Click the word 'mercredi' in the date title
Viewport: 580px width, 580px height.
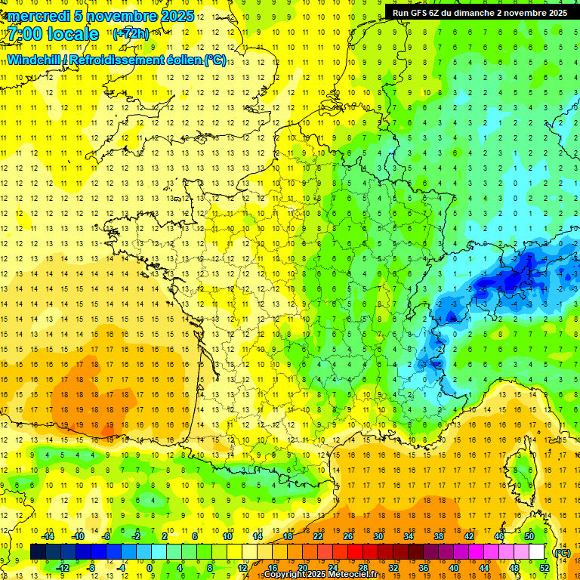(37, 16)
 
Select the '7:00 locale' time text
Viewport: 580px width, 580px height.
(52, 34)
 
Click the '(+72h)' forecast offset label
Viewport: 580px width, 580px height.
(131, 34)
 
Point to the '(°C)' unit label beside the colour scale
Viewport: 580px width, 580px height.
(562, 553)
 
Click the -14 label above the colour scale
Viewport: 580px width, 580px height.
(48, 536)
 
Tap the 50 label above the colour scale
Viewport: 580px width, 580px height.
(529, 536)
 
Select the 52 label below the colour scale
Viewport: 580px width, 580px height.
(544, 568)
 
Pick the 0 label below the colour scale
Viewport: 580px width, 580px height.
(150, 568)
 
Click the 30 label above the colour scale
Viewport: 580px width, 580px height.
(378, 536)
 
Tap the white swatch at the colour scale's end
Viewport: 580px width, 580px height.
(537, 552)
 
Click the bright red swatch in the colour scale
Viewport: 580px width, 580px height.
(356, 552)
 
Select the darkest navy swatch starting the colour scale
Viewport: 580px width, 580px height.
(39, 552)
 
